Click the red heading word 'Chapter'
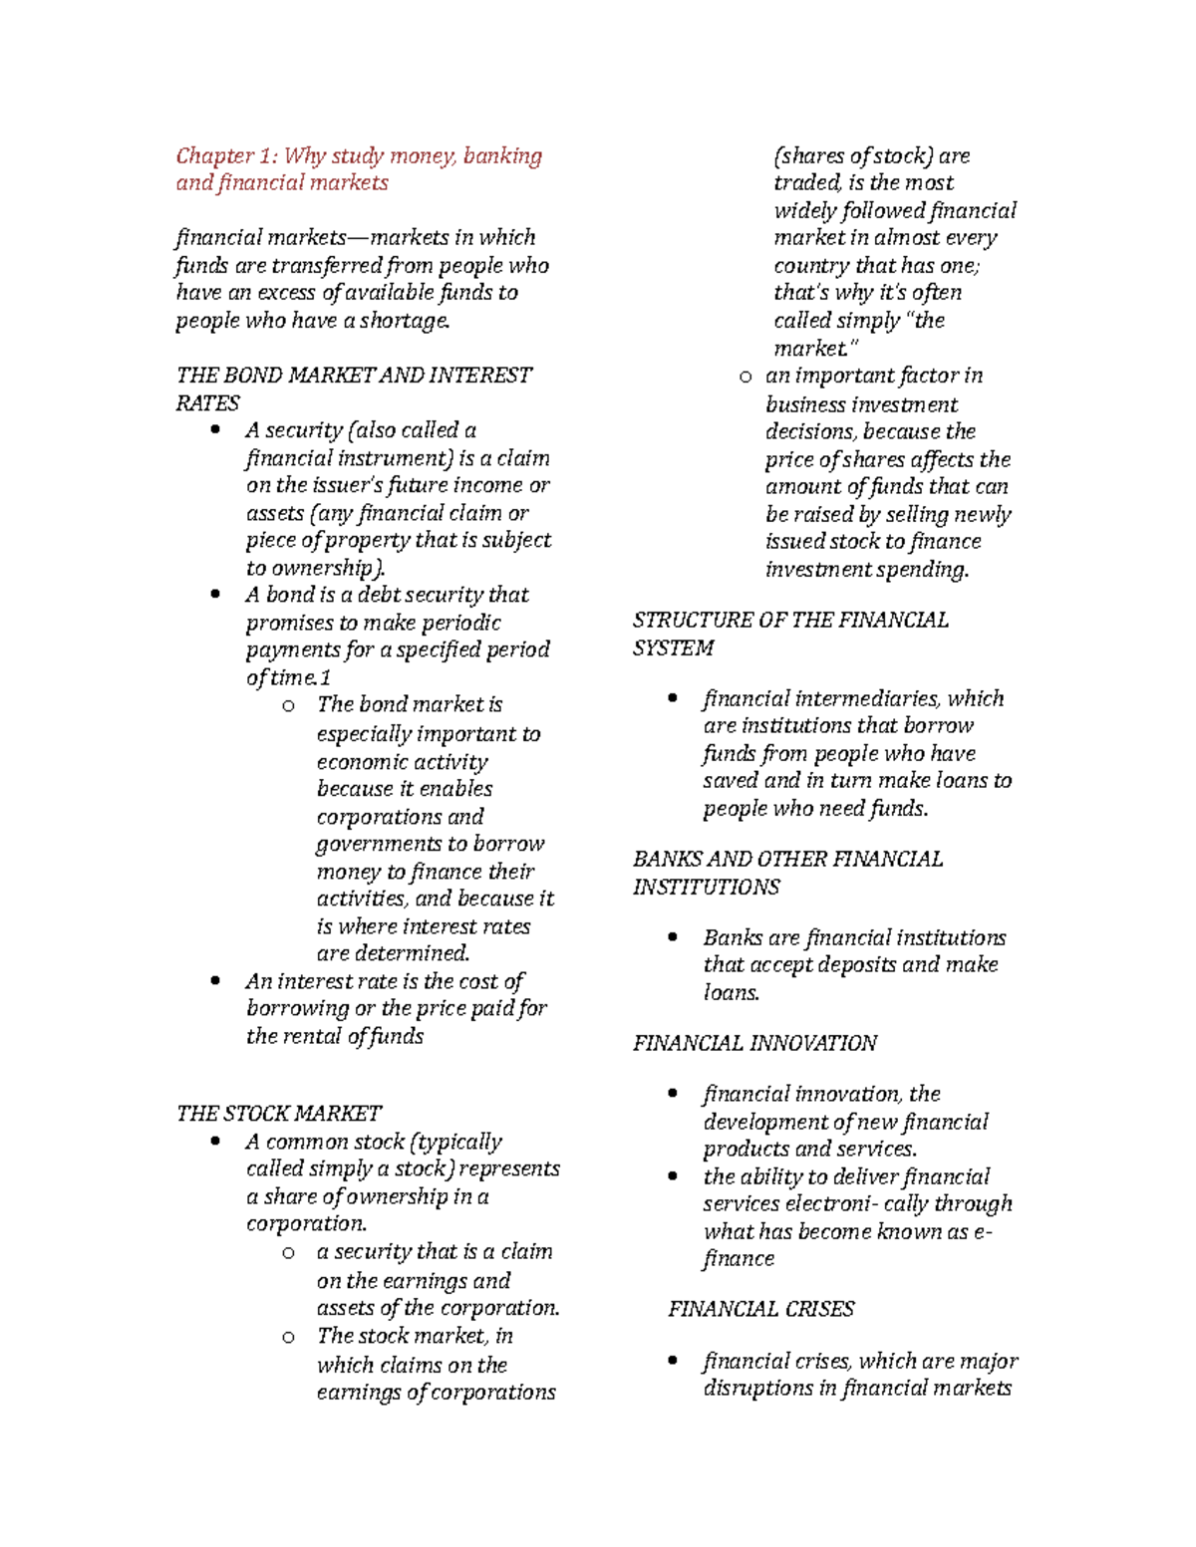(x=214, y=155)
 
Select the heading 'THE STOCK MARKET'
(x=278, y=1113)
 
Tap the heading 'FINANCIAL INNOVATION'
(x=754, y=1043)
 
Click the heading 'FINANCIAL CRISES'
(x=760, y=1309)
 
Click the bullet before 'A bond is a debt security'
(x=215, y=595)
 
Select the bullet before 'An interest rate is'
(x=215, y=981)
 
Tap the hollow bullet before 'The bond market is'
(x=288, y=706)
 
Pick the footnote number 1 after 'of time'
(x=326, y=677)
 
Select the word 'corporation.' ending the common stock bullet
(x=307, y=1223)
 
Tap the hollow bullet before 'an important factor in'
(x=745, y=378)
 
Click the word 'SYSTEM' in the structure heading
(x=673, y=647)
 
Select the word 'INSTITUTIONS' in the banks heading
(x=706, y=887)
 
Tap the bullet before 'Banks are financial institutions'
(x=673, y=937)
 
